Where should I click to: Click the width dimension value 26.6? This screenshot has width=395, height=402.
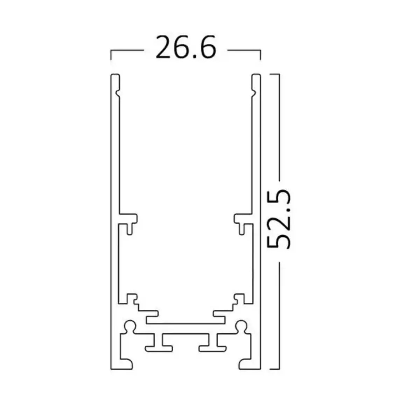coord(186,47)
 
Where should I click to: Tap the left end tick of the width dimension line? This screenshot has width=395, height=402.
coord(111,55)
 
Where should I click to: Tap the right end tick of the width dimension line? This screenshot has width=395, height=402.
coord(261,55)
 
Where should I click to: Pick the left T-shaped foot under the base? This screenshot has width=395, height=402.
coord(158,344)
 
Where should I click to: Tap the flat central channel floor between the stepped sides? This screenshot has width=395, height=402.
coord(186,320)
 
